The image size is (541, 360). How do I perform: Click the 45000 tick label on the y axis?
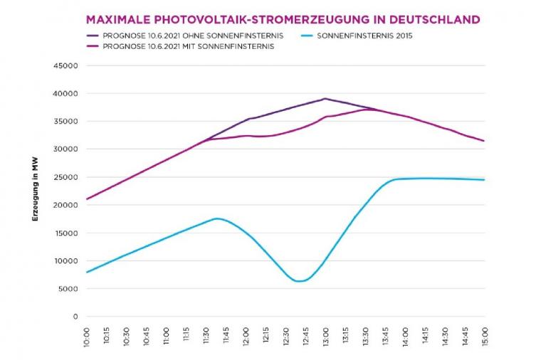pos(65,65)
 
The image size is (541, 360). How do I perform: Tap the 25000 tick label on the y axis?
pos(65,177)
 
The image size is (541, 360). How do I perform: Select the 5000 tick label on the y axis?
pos(68,289)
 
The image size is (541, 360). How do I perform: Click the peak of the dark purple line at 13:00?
pos(325,99)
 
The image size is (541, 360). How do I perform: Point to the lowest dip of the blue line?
pos(300,281)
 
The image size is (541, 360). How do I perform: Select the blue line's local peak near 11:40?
pos(217,218)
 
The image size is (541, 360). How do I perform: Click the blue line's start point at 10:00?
pos(87,272)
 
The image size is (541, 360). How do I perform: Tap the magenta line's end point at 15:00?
pos(484,141)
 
